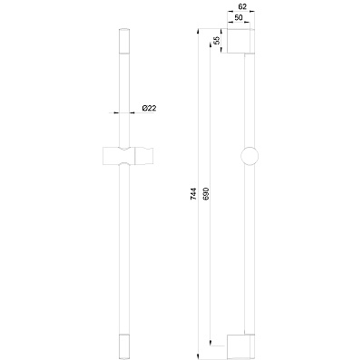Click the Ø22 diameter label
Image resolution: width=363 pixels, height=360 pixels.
(149, 108)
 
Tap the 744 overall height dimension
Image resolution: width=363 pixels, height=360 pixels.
(193, 194)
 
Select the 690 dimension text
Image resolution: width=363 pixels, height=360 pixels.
(206, 194)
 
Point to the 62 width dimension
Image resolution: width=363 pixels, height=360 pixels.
(242, 6)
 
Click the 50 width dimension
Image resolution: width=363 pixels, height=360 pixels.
(239, 17)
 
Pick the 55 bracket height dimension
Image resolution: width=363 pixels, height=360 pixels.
(217, 41)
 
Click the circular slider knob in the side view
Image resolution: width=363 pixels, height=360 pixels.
(250, 156)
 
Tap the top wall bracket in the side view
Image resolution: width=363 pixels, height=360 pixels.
(241, 41)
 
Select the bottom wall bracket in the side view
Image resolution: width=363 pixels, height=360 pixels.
(241, 345)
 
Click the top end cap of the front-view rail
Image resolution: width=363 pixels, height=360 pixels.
(124, 41)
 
